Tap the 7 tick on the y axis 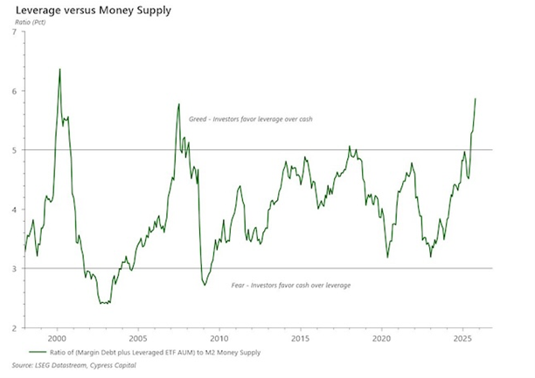click(x=13, y=32)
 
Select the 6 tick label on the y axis click(x=13, y=92)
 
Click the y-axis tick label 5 click(x=13, y=150)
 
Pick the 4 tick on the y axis click(x=13, y=210)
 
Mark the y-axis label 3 click(x=13, y=269)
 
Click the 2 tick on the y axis click(x=13, y=328)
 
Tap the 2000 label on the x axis click(x=56, y=337)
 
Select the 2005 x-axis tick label click(x=137, y=337)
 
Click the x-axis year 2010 click(x=219, y=337)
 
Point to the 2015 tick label click(x=300, y=337)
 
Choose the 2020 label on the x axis click(x=381, y=337)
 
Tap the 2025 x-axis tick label click(x=462, y=337)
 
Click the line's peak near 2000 click(x=59, y=69)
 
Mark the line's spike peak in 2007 click(x=178, y=105)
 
